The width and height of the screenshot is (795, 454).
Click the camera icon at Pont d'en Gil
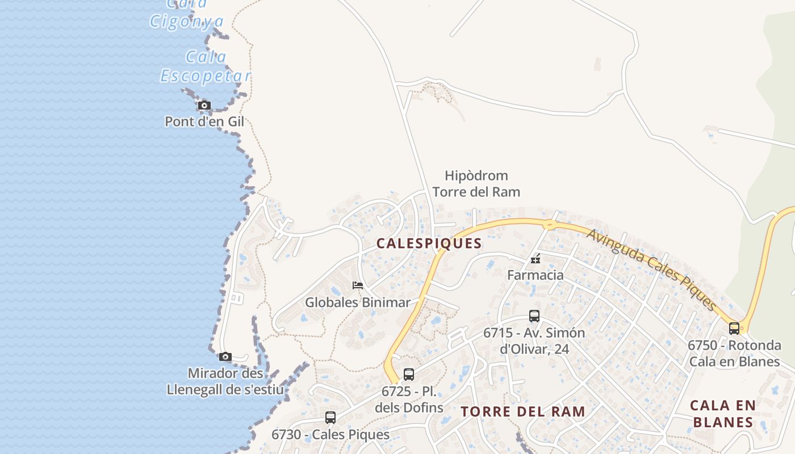(204, 105)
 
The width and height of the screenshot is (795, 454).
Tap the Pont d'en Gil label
(204, 121)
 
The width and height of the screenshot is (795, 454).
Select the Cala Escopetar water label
(206, 66)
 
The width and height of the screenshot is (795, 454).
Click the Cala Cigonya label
(187, 14)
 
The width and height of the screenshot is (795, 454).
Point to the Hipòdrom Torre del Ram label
(476, 184)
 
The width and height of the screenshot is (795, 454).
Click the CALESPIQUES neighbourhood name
(429, 243)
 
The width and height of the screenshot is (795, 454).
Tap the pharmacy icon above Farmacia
(535, 259)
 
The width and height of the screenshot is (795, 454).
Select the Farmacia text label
(535, 275)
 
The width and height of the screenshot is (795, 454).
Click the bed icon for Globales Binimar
(358, 285)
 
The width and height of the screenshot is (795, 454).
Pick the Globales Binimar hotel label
(358, 302)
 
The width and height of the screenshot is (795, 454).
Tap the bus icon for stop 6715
(534, 316)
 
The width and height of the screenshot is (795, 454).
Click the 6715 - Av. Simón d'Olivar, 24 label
(534, 340)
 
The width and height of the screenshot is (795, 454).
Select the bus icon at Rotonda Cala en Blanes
(734, 328)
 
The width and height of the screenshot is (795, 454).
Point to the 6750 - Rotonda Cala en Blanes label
(734, 353)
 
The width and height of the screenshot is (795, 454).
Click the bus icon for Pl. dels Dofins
(409, 375)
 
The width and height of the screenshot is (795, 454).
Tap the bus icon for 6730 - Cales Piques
(330, 418)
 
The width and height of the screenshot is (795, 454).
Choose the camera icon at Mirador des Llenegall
(225, 356)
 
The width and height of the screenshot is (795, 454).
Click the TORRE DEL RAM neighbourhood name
(522, 411)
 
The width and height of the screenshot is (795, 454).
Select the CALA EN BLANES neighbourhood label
(723, 414)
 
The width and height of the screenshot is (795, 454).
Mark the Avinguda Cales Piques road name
(652, 270)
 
